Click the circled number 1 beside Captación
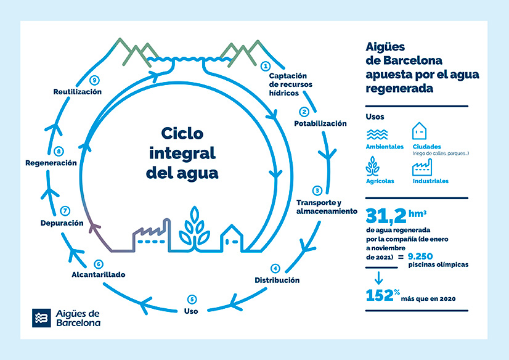click(266, 66)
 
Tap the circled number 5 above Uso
click(192, 300)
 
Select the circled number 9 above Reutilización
click(94, 80)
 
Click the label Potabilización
click(320, 123)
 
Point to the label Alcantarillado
click(99, 275)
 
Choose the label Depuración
click(62, 223)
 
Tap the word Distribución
click(277, 280)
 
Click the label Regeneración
click(51, 163)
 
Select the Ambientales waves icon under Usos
click(377, 134)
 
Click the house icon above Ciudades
click(419, 131)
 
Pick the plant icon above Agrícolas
click(372, 166)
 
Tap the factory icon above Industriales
click(422, 167)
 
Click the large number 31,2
click(386, 216)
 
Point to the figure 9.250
click(420, 256)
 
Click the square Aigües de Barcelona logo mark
click(41, 318)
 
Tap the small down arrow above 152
click(378, 278)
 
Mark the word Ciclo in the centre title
click(182, 133)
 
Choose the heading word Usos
click(375, 117)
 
